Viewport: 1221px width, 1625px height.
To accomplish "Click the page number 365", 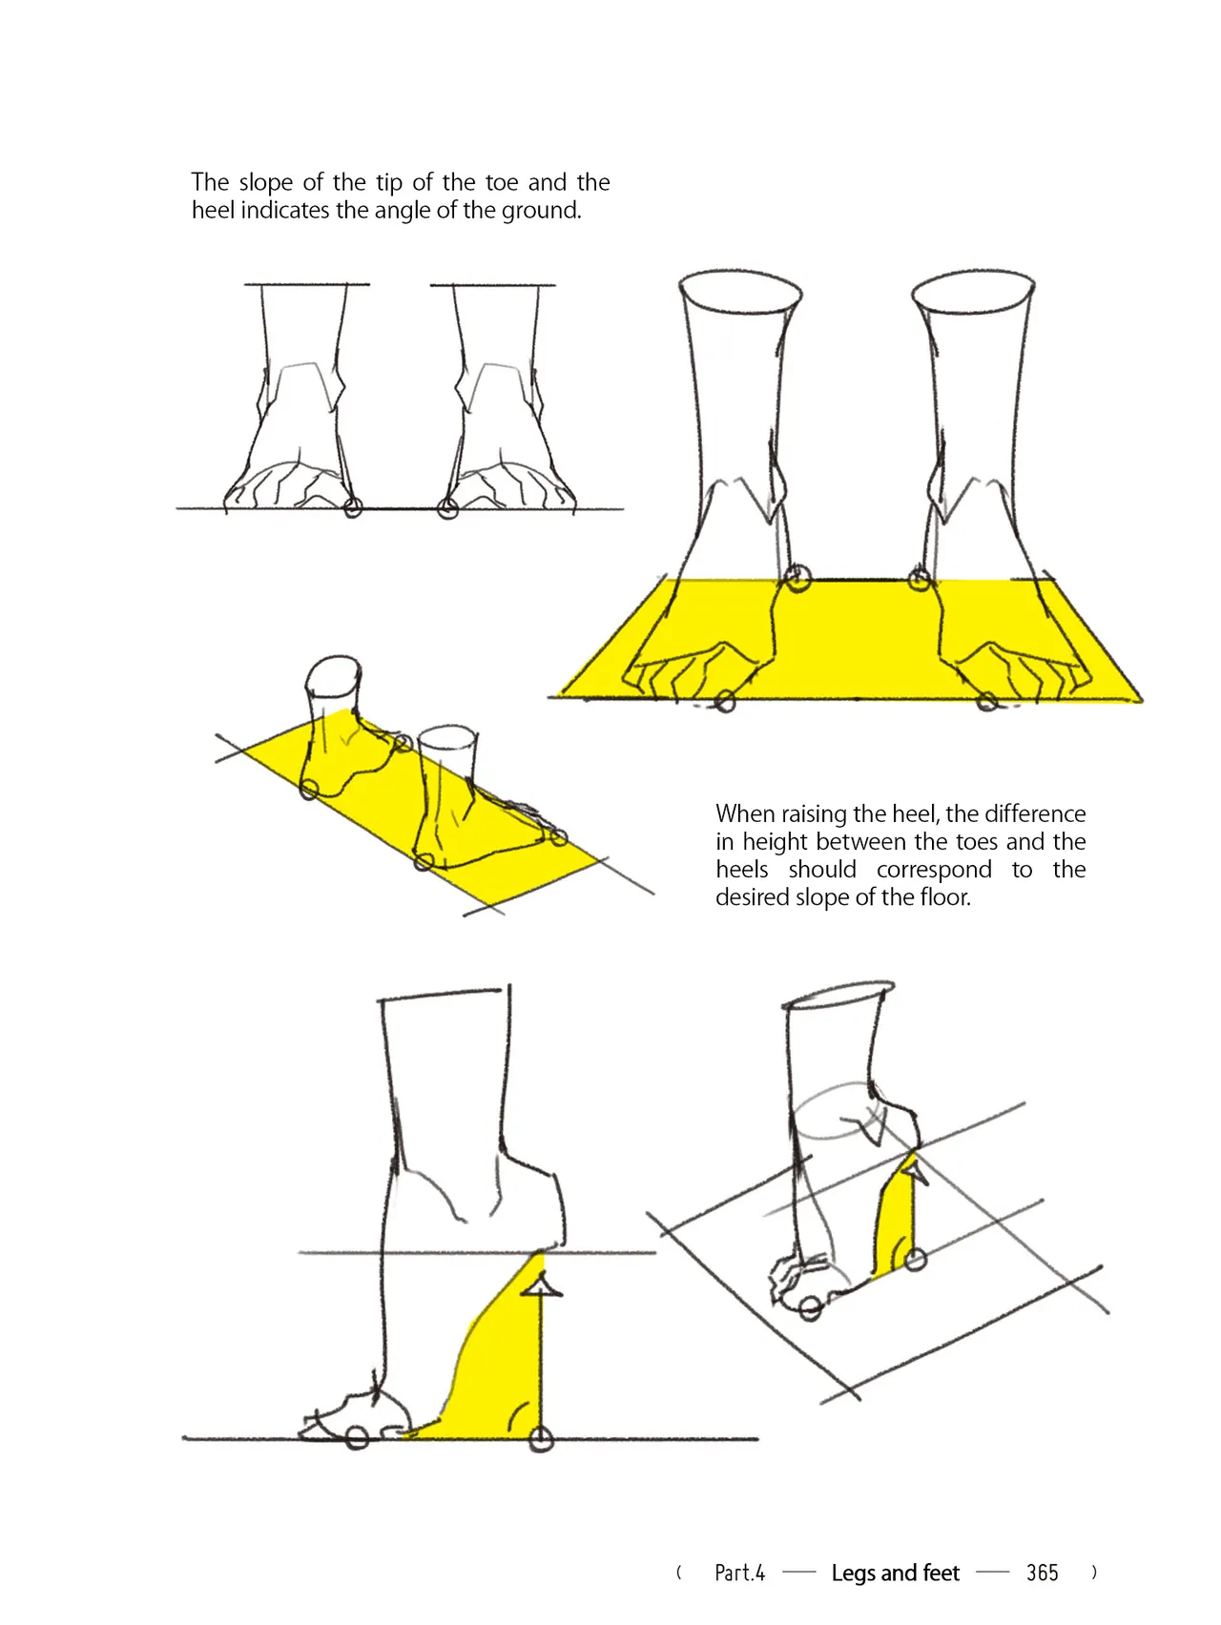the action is (x=1042, y=1573).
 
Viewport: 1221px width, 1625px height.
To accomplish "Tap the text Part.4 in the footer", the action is (x=739, y=1573).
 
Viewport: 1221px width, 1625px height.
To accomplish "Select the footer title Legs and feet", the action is (x=895, y=1573).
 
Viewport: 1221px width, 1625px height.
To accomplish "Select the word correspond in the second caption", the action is (x=934, y=870).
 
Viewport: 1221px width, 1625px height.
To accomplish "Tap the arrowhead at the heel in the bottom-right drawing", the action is (x=914, y=1166).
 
